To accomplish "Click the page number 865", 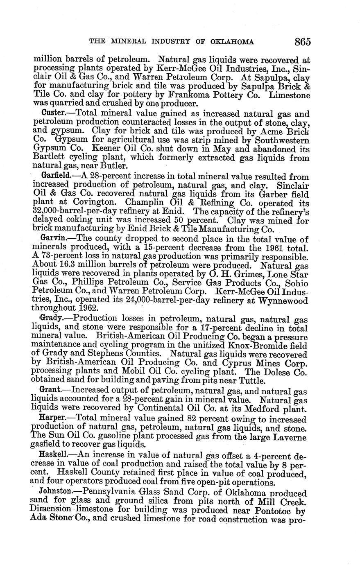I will pyautogui.click(x=302, y=41).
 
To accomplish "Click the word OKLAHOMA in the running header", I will pyautogui.click(x=232, y=42).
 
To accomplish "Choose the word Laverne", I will pyautogui.click(x=287, y=436).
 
